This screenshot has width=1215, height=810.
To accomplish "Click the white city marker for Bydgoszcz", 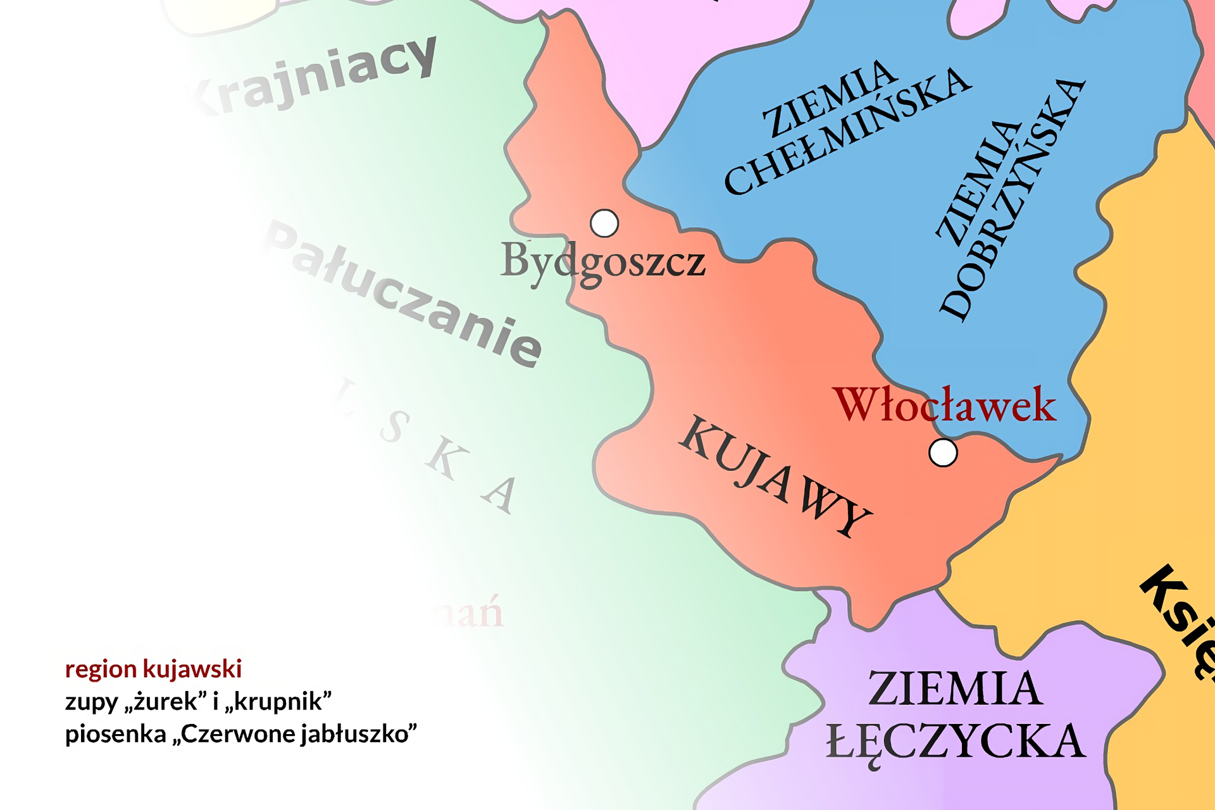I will (x=604, y=223).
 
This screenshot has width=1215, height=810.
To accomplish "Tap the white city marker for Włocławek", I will (x=943, y=453).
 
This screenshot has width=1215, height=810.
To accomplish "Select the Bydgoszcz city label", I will (x=602, y=261).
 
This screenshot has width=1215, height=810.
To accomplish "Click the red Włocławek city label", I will (x=945, y=405).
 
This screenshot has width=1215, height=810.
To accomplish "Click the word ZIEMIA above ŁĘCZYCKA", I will (x=955, y=688).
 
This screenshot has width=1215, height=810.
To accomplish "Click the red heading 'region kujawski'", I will (x=153, y=669).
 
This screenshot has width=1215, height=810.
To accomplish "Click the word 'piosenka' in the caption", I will (x=116, y=734).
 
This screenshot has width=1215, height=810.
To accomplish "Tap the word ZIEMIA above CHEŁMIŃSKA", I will (x=830, y=99).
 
